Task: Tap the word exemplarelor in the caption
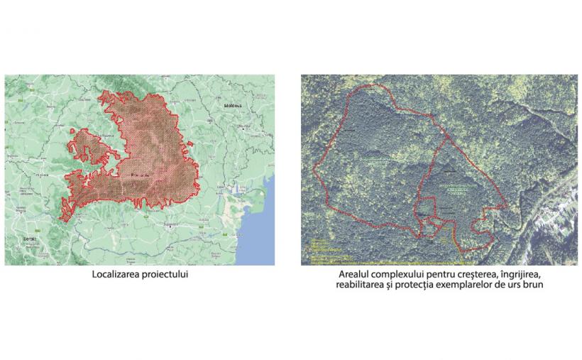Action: (474, 285)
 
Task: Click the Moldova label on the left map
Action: (233, 106)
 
